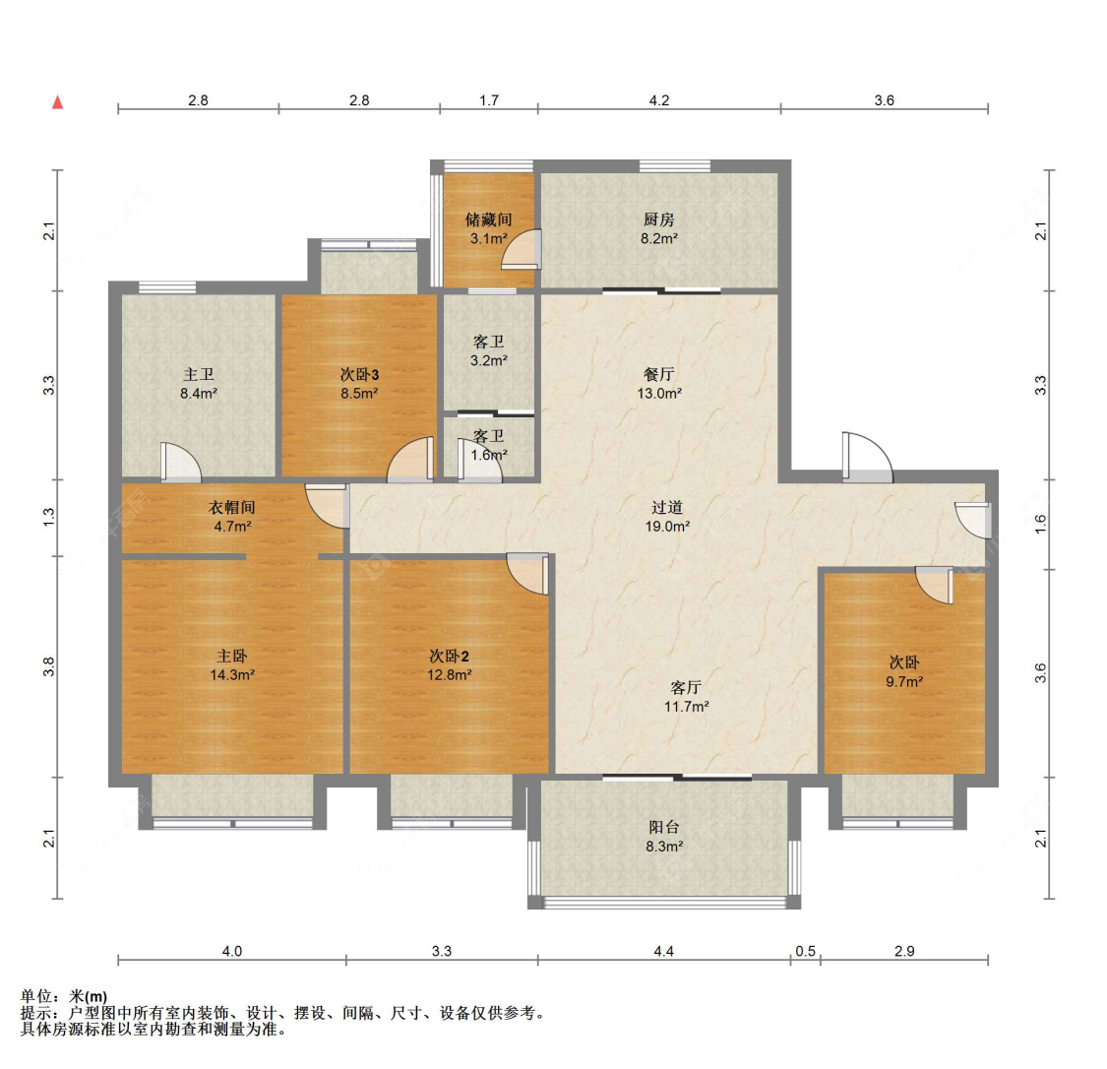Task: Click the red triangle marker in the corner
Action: [58, 102]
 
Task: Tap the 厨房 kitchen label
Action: [659, 220]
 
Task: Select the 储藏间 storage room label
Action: [488, 220]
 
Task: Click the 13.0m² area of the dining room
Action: [659, 394]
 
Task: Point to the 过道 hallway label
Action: [667, 508]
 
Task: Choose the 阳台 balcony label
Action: [665, 827]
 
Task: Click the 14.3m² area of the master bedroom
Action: [232, 675]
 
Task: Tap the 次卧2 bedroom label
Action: [449, 656]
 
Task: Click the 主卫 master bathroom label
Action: [199, 374]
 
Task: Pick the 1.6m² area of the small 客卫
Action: [489, 455]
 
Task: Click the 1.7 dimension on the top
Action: [489, 100]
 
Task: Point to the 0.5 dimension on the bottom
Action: [806, 951]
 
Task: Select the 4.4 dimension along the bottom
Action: [663, 951]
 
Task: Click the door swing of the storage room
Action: [522, 250]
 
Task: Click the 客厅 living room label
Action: [686, 687]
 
